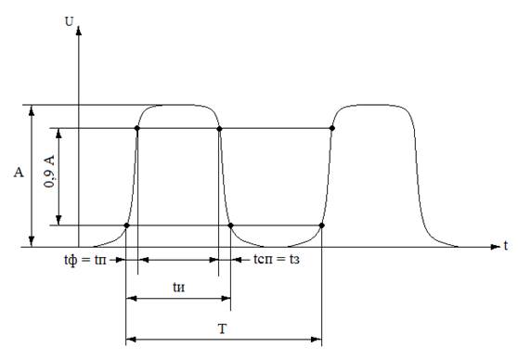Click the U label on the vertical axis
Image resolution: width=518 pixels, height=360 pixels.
point(70,21)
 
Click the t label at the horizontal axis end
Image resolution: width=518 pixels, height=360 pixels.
point(505,246)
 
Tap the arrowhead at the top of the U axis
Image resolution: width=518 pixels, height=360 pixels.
point(79,31)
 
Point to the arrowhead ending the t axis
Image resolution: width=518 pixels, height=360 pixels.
point(495,247)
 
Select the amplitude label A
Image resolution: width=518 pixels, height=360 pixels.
point(19,172)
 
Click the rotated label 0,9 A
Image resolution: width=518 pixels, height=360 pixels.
point(49,172)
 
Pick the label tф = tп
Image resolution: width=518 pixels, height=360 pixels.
point(85,260)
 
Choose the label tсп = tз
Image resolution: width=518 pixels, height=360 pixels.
point(277,259)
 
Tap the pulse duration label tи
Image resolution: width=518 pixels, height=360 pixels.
point(179,287)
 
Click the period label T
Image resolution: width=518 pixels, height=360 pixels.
point(222,329)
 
